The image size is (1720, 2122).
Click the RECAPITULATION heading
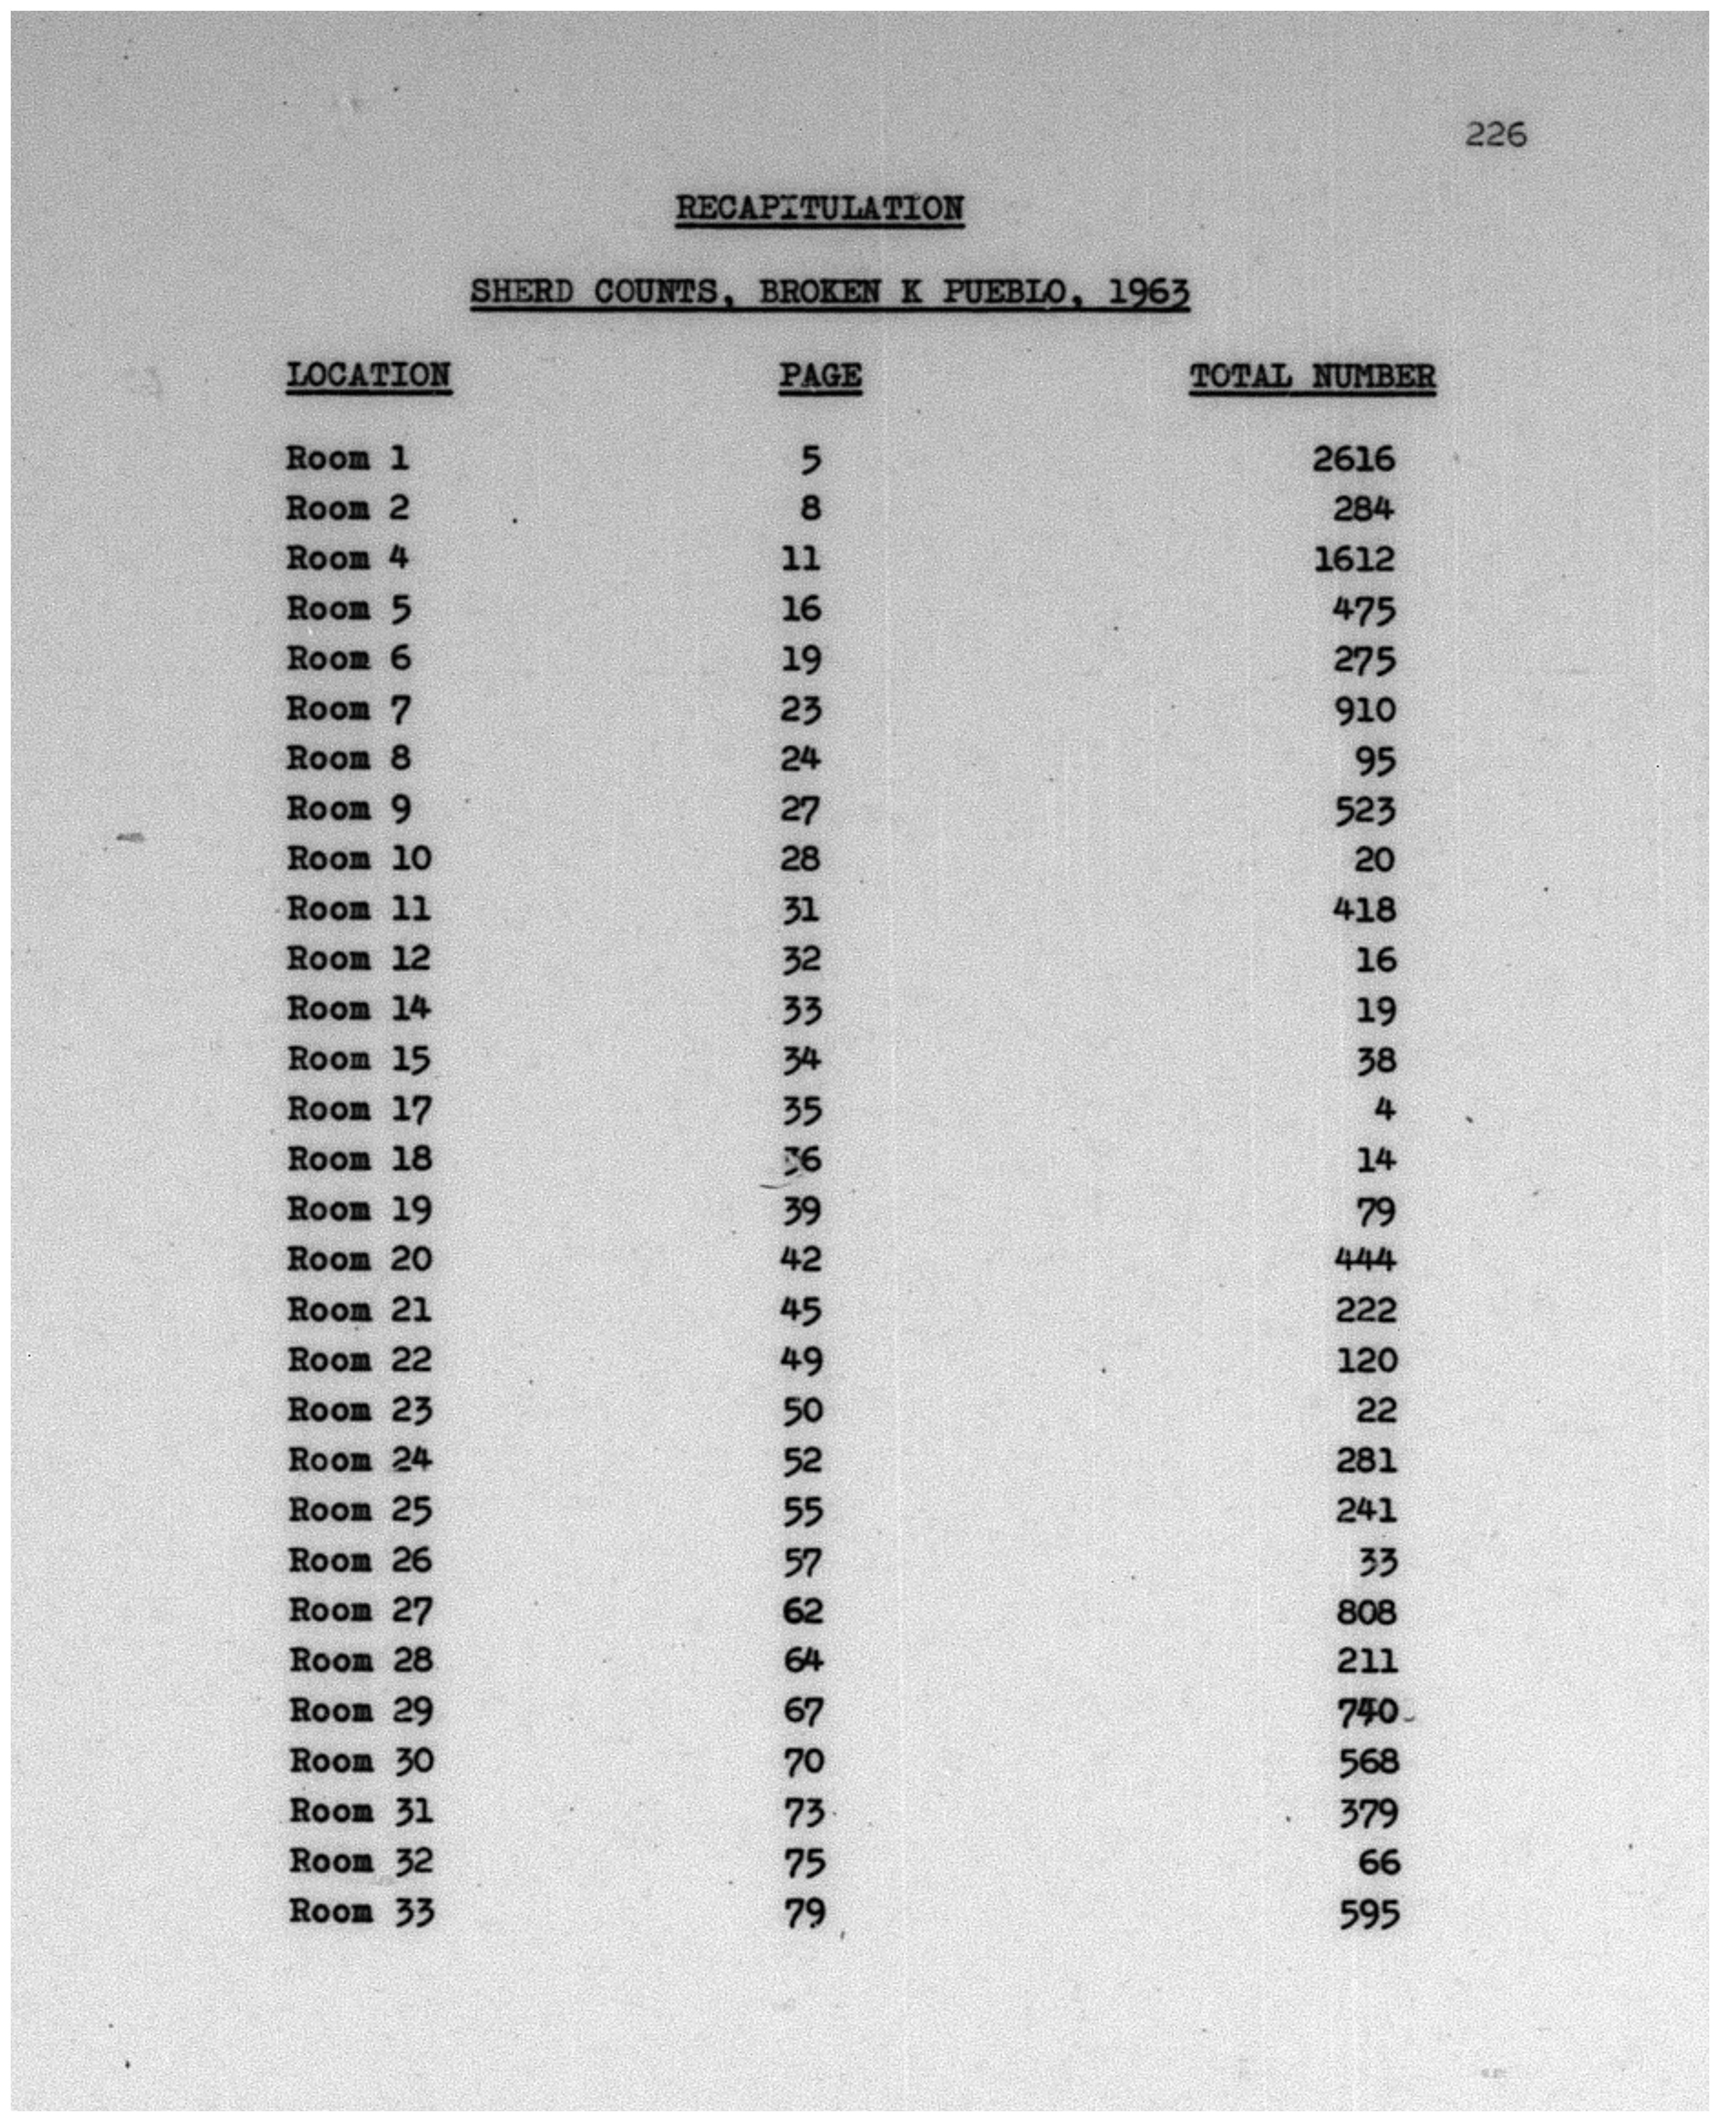click(819, 208)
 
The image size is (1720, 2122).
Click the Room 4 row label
click(348, 558)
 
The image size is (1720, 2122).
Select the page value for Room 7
click(802, 710)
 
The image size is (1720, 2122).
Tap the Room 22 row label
click(360, 1360)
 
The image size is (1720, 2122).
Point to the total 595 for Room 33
click(1368, 1913)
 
